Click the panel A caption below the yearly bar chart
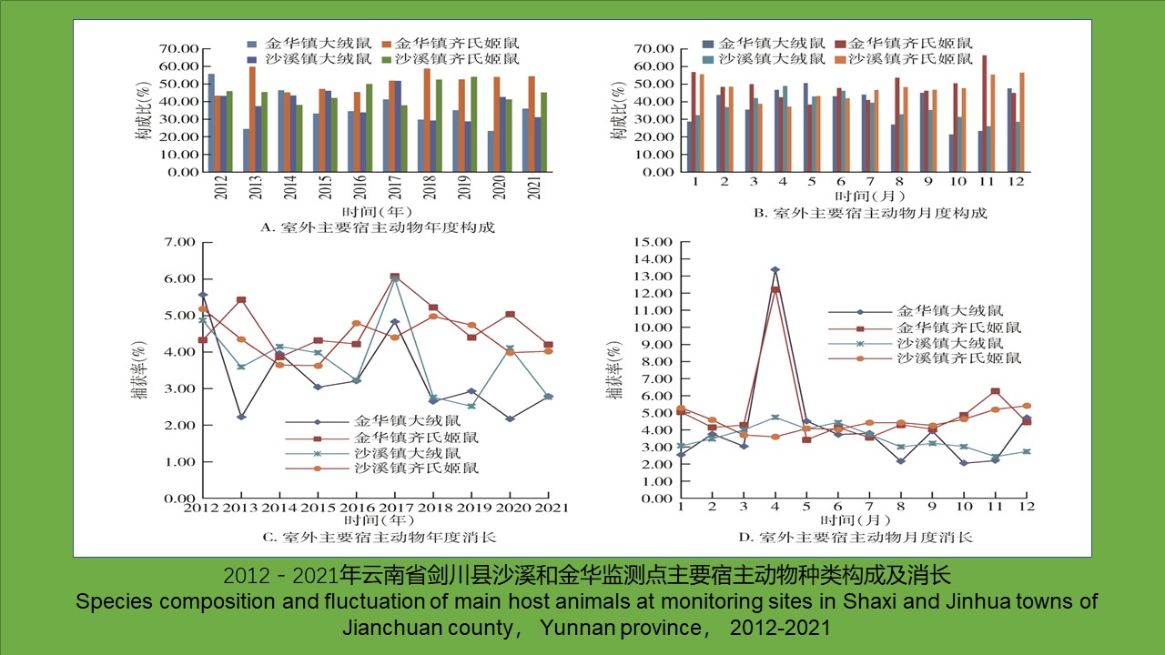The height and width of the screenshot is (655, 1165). click(378, 227)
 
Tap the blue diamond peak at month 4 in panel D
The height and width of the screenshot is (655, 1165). click(775, 269)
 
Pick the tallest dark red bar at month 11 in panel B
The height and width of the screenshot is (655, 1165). click(984, 113)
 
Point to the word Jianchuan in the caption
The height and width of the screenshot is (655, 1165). click(386, 628)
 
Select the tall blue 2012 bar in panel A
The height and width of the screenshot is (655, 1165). click(212, 123)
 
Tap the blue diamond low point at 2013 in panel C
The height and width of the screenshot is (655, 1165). click(240, 417)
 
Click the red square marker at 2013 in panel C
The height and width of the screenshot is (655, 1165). click(240, 299)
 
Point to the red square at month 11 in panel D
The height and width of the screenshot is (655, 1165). click(996, 391)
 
